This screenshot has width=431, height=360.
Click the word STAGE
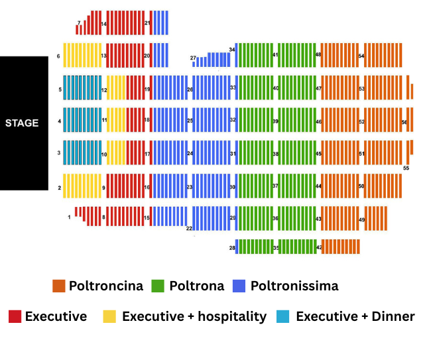[x=22, y=123]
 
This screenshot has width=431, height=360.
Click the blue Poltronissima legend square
[x=239, y=286]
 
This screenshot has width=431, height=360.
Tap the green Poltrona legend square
[x=158, y=286]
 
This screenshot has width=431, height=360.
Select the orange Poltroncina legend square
[x=58, y=286]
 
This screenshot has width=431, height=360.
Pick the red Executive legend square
[x=15, y=316]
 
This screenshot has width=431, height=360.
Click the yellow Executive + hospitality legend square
[x=109, y=316]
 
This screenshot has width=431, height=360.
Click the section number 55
[x=406, y=168]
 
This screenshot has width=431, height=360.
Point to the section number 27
[x=193, y=58]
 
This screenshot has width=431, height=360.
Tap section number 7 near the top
[x=78, y=23]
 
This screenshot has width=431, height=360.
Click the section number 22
[x=189, y=228]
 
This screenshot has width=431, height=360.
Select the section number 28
[x=232, y=248]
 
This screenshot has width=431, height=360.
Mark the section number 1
[x=69, y=217]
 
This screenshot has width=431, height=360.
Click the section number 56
[x=404, y=122]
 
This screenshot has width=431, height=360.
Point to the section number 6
[x=58, y=56]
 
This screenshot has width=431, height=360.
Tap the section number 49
[x=361, y=219]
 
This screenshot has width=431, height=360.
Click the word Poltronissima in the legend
[x=294, y=286]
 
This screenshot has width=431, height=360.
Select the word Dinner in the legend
[x=391, y=316]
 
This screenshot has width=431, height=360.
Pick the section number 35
[x=276, y=248]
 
